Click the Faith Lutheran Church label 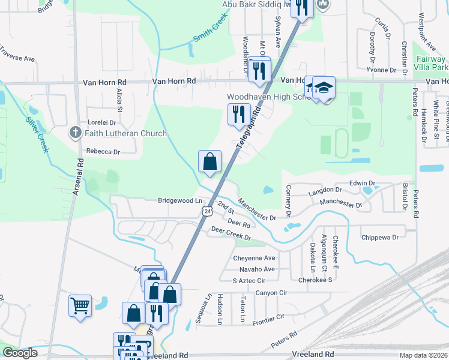[x=126, y=133]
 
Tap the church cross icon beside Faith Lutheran [x=75, y=133]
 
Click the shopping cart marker [x=80, y=307]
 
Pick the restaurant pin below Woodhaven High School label [x=239, y=115]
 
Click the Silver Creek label [x=37, y=133]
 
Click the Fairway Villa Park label [x=431, y=64]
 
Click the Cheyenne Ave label [x=253, y=258]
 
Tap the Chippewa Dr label [x=380, y=238]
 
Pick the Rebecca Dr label [x=103, y=152]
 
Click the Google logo [x=20, y=353]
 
